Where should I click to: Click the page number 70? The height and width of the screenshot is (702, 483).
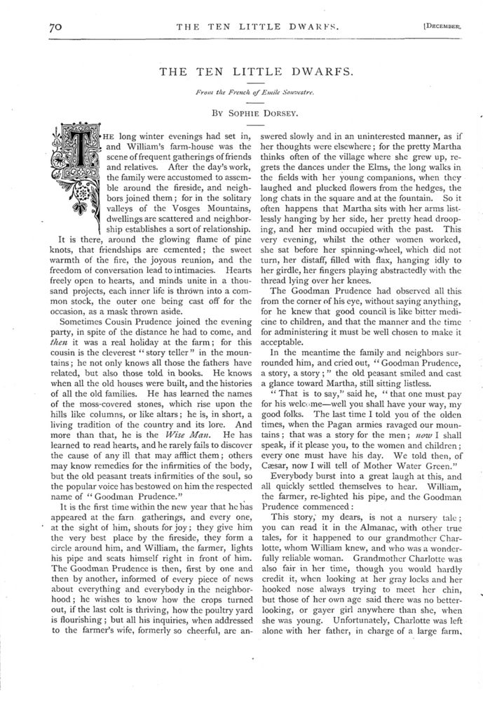point(56,27)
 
